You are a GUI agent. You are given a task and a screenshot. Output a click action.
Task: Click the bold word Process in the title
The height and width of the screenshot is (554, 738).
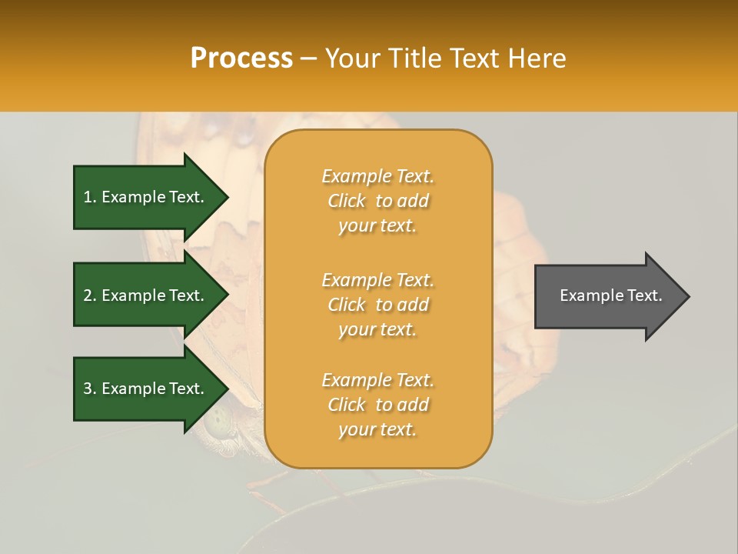pyautogui.click(x=241, y=58)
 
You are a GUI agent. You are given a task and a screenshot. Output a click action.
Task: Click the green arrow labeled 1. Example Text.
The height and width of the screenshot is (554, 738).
pyautogui.click(x=150, y=197)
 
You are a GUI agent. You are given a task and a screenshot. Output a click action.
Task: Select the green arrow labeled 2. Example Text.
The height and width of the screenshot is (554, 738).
pyautogui.click(x=150, y=295)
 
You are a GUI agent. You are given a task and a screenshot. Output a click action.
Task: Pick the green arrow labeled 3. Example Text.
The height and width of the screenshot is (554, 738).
pyautogui.click(x=150, y=389)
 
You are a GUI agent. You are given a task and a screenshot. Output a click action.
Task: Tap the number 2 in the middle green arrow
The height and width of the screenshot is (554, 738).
pyautogui.click(x=88, y=295)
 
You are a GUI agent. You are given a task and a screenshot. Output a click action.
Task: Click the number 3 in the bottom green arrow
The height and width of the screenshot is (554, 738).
pyautogui.click(x=88, y=389)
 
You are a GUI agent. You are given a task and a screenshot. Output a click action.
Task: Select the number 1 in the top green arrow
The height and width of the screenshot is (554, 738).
pyautogui.click(x=88, y=197)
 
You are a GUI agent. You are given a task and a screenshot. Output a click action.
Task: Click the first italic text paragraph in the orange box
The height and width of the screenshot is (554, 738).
pyautogui.click(x=377, y=201)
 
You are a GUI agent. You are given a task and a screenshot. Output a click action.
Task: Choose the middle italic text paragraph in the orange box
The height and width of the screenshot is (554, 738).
pyautogui.click(x=377, y=305)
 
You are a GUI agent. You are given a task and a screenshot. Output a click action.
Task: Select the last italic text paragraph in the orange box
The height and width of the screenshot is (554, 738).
pyautogui.click(x=377, y=405)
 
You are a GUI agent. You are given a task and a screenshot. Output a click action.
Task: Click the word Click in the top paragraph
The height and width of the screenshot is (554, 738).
pyautogui.click(x=347, y=201)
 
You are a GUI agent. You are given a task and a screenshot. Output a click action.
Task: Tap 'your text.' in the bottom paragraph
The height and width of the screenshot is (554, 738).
pyautogui.click(x=377, y=429)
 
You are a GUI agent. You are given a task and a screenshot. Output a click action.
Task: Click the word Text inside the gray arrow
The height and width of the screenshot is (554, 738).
pyautogui.click(x=643, y=295)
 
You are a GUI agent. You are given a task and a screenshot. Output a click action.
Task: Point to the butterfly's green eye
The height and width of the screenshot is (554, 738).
pyautogui.click(x=219, y=420)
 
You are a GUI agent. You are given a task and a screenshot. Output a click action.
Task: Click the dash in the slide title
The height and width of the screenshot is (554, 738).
pyautogui.click(x=309, y=58)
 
